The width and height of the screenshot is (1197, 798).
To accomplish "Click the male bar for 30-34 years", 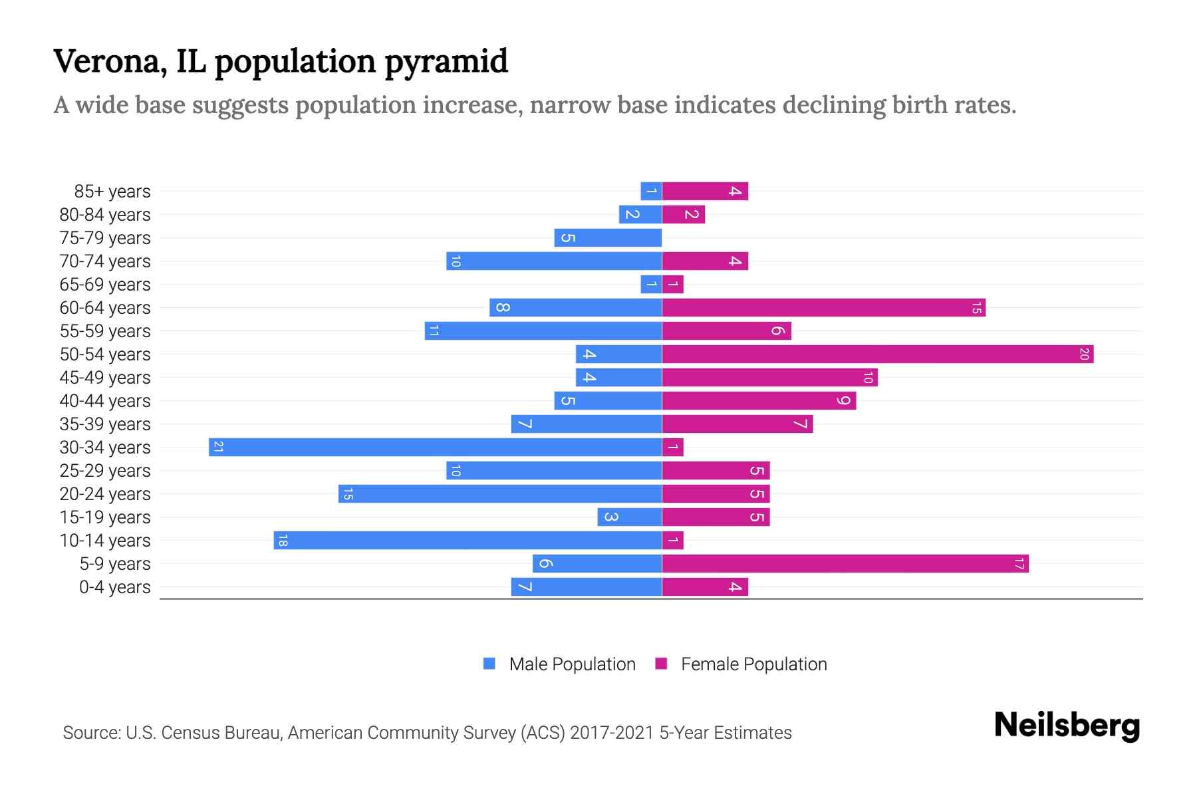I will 435,447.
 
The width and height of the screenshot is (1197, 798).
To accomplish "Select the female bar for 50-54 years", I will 878,354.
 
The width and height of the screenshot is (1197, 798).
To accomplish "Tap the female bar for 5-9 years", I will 845,563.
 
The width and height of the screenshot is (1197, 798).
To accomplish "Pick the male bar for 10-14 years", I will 467,540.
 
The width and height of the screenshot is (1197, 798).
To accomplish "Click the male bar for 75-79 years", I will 608,237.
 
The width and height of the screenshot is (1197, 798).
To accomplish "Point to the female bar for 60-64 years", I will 823,307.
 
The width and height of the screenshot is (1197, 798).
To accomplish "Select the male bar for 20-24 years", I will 500,493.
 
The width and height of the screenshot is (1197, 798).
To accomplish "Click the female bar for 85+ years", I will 705,191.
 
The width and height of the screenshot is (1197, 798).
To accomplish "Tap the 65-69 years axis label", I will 105,285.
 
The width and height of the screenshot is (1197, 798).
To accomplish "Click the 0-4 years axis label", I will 114,587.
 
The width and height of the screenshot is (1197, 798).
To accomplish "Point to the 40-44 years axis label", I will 105,401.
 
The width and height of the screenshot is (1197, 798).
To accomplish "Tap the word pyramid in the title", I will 446,61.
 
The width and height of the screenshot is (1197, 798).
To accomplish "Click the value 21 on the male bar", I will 218,447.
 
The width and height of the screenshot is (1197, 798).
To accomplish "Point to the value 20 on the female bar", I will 1084,354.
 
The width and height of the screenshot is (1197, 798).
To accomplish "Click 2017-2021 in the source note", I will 611,733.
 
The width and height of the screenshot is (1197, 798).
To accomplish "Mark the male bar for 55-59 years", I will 543,331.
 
